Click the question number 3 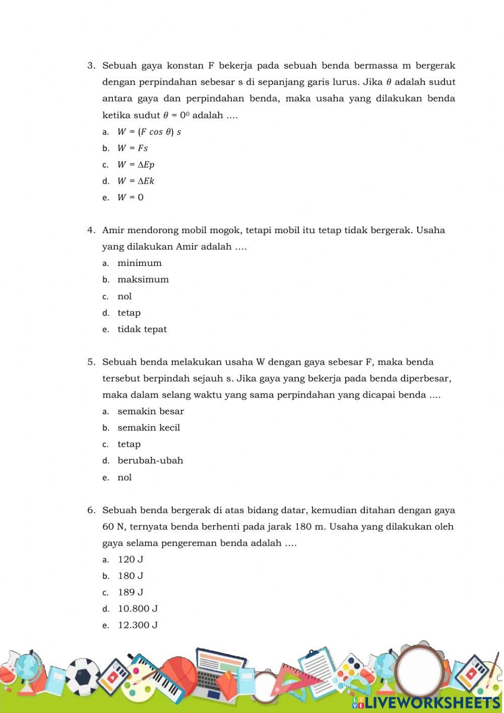click(x=91, y=66)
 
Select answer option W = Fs click(x=133, y=148)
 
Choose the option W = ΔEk click(x=136, y=181)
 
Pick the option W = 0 click(x=130, y=198)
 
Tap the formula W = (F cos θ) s click(x=149, y=132)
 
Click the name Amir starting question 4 click(x=113, y=231)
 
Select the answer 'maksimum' click(x=143, y=280)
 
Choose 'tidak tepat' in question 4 click(x=142, y=330)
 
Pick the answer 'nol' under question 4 click(x=124, y=297)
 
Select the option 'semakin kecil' click(x=149, y=428)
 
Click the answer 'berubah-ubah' click(x=150, y=461)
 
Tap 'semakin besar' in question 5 click(x=151, y=411)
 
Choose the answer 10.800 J click(x=138, y=609)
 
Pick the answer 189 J click(x=131, y=592)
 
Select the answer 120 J click(x=131, y=560)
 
